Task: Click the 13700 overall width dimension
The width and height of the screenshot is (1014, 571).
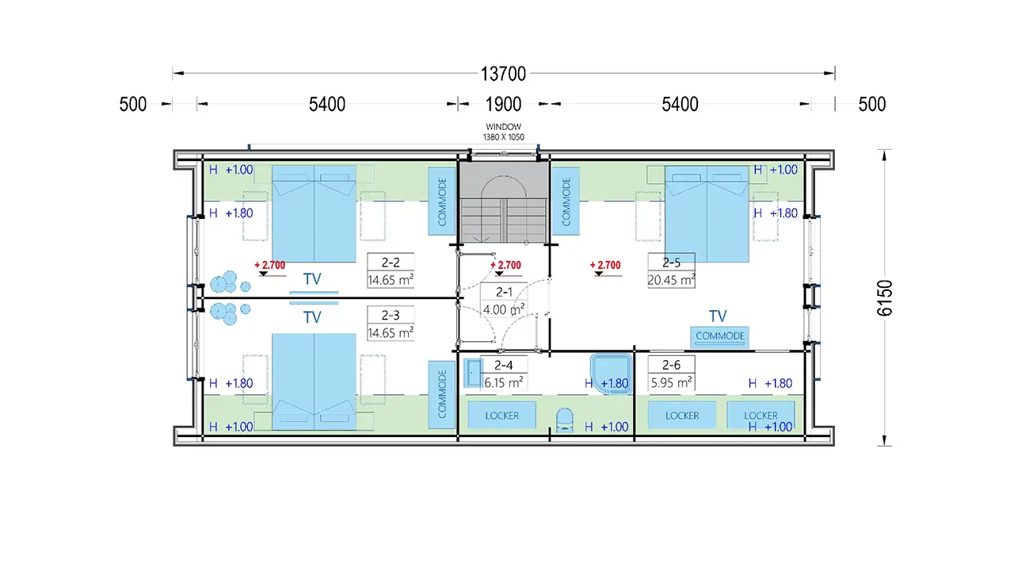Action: point(503,74)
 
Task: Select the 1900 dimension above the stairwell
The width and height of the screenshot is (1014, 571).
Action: point(503,104)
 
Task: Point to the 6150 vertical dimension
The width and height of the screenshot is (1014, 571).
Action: point(885,297)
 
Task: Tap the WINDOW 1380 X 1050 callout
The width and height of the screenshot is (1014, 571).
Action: point(503,132)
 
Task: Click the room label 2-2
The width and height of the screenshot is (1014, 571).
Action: point(391,263)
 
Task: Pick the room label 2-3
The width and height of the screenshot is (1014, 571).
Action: point(391,315)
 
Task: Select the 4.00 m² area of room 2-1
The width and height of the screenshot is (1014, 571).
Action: point(503,309)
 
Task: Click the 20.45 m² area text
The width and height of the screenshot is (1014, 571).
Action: point(671,280)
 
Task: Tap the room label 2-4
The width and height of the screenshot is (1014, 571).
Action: point(503,365)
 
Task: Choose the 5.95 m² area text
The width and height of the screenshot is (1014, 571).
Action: point(671,383)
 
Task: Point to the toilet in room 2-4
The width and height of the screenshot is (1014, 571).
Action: point(564,420)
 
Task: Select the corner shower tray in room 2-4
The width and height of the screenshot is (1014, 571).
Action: point(611,374)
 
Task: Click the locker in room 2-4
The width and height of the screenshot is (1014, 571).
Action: point(501,415)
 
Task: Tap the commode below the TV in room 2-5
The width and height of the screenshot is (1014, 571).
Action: point(720,337)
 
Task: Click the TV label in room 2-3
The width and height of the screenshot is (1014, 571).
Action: point(312,317)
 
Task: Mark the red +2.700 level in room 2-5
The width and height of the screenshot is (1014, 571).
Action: point(605,265)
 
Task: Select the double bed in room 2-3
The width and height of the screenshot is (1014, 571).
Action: point(314,382)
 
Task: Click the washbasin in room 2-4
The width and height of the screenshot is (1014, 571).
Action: point(473,373)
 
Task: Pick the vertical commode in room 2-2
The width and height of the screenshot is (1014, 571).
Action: point(442,201)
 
